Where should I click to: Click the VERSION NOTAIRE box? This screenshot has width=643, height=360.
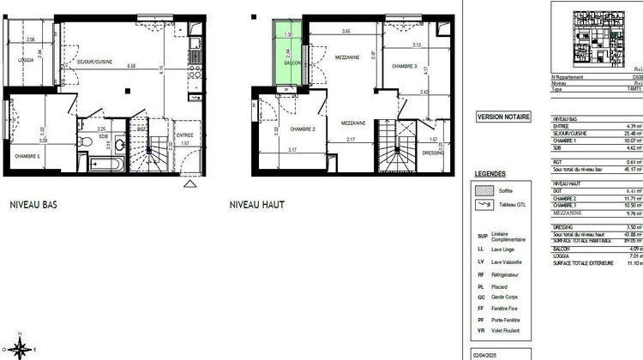[503, 117]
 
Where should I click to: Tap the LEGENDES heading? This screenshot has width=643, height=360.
[490, 173]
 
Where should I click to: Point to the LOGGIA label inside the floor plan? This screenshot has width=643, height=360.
[28, 60]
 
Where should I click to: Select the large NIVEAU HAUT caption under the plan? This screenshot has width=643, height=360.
[257, 205]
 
